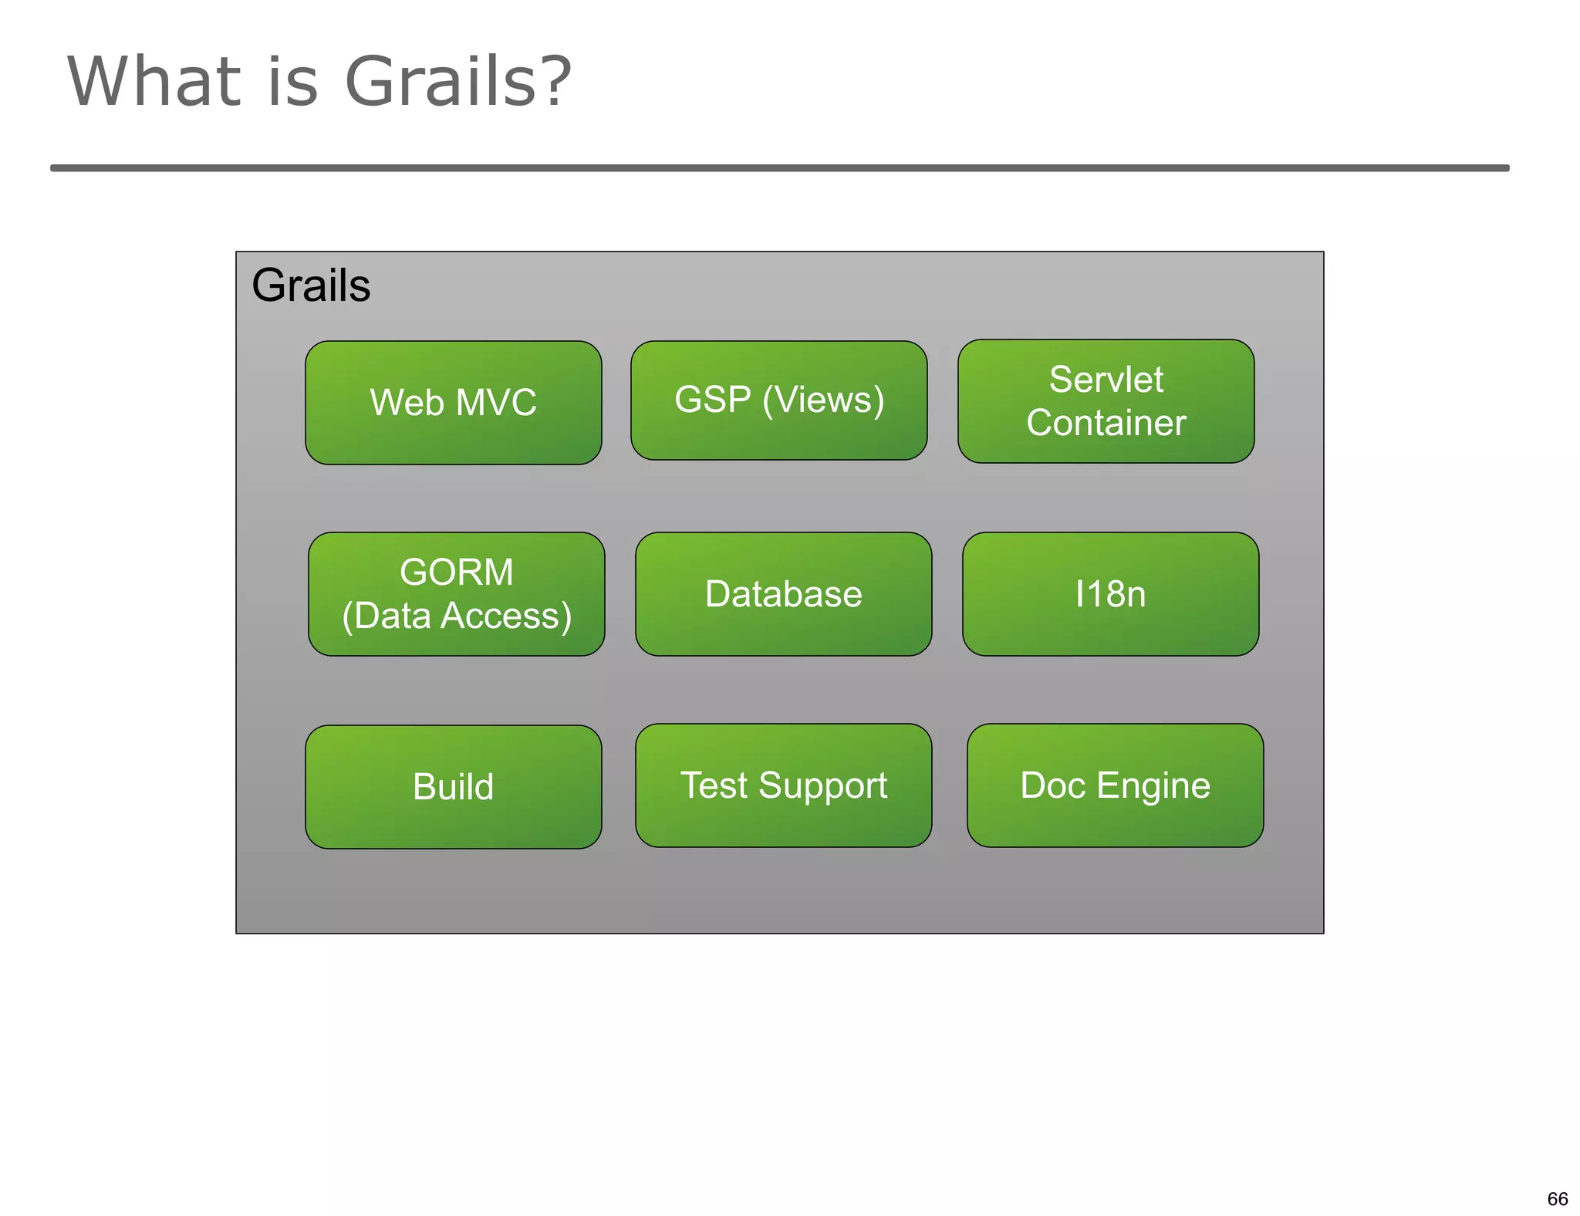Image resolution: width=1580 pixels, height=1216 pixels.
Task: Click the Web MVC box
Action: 453,402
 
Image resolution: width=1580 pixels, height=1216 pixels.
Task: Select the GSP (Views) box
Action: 778,400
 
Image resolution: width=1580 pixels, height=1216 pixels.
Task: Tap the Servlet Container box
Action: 1106,400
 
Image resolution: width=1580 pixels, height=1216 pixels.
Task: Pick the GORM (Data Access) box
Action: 456,593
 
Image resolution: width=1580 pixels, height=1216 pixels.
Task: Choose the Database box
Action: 783,593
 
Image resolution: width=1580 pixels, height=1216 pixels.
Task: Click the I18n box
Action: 1110,593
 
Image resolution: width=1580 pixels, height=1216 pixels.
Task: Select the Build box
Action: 453,786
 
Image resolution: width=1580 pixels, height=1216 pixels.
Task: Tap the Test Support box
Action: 783,785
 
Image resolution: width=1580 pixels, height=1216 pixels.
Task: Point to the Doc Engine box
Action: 1115,785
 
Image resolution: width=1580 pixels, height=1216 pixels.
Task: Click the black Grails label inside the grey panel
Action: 311,285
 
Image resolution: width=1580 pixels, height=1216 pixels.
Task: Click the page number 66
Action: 1557,1198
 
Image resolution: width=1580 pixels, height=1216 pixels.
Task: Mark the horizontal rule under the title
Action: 779,167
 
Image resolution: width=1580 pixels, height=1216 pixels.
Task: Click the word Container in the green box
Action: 1106,423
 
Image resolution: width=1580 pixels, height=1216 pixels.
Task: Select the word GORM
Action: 456,572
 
